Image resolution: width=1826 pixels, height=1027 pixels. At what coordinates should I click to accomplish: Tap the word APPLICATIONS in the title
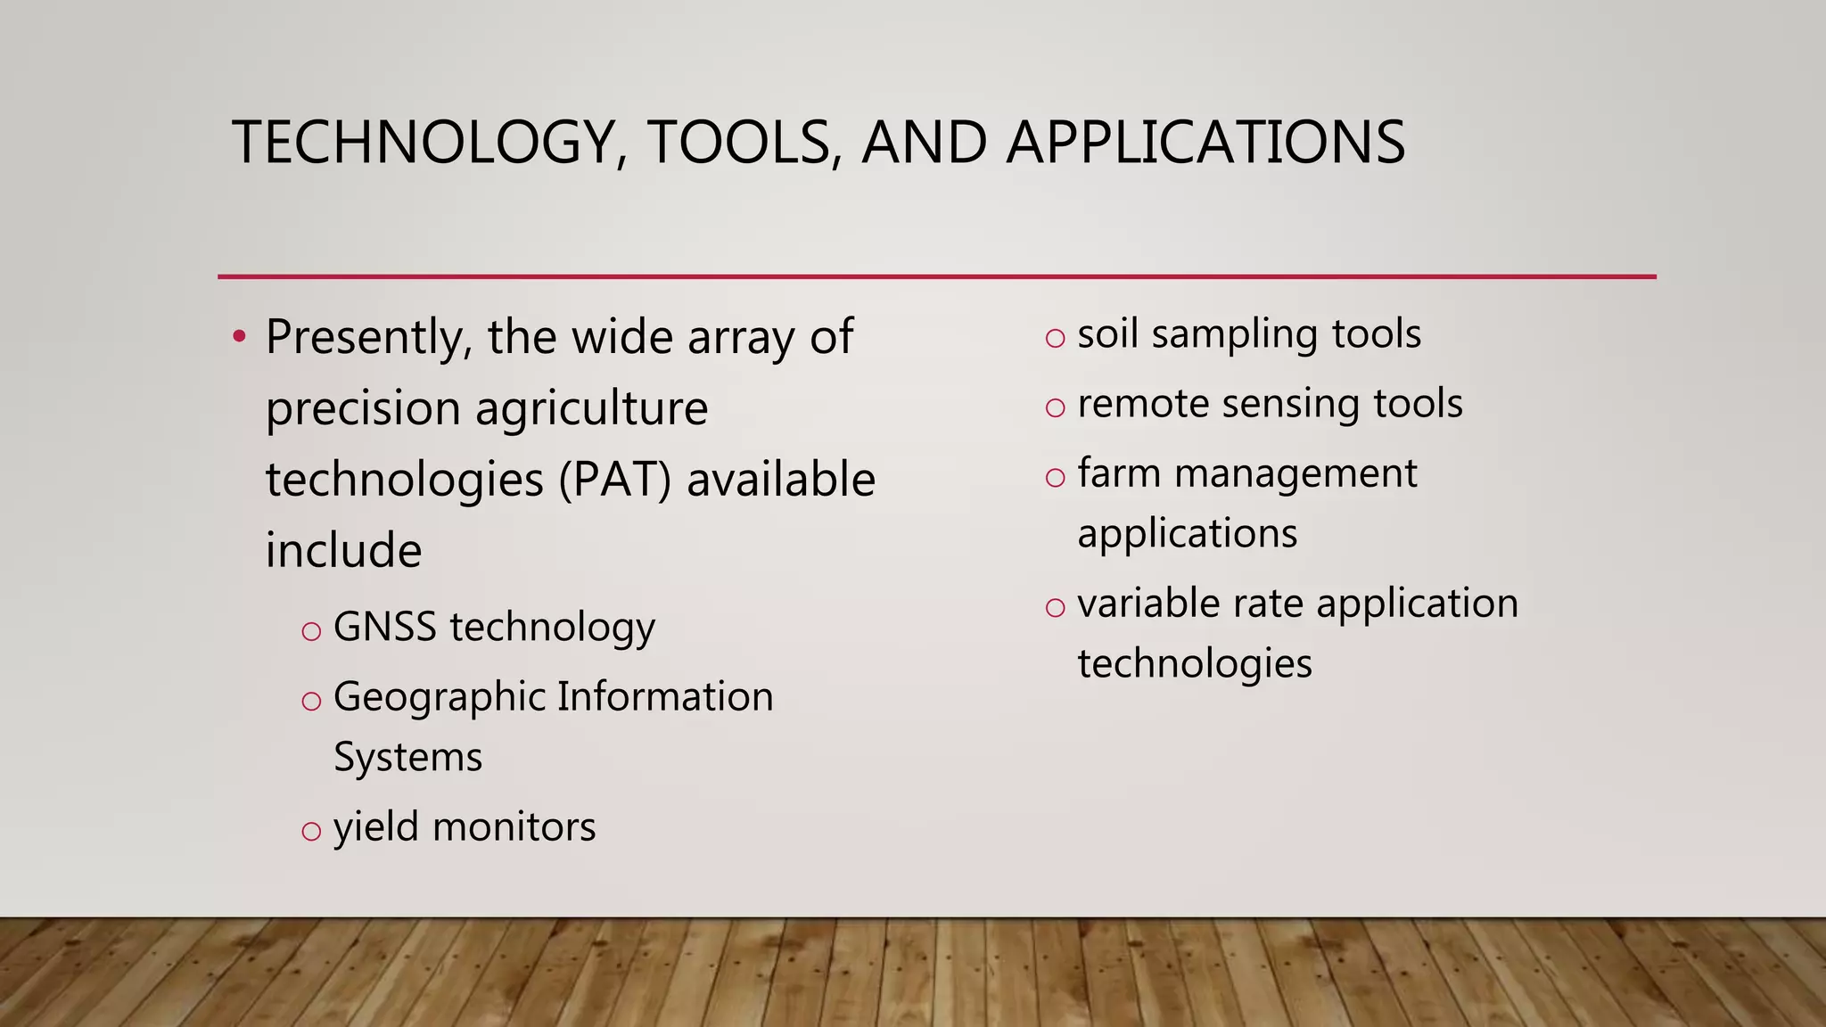(1205, 143)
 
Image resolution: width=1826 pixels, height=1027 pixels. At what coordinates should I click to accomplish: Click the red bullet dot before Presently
(238, 337)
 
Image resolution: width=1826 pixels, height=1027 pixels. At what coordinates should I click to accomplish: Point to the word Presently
(368, 339)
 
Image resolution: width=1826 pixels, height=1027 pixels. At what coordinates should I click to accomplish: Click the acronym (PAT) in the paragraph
(614, 480)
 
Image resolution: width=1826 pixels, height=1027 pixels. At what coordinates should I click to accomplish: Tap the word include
(343, 550)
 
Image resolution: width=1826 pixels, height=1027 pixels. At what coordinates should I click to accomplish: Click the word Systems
(407, 757)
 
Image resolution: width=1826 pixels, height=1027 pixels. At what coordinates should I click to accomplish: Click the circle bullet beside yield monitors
(311, 832)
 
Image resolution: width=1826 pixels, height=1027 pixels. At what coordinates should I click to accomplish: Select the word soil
(1108, 333)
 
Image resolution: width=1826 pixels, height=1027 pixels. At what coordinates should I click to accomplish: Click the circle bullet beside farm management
(1056, 478)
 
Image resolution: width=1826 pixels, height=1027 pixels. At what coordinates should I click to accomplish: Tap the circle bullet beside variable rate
(1056, 608)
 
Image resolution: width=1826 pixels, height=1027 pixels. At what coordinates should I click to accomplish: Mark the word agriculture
(591, 409)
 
